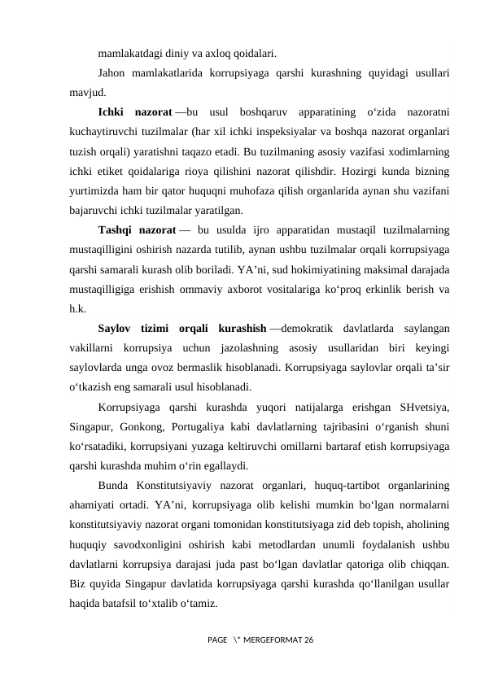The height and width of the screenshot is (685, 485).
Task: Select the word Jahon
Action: (112, 72)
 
